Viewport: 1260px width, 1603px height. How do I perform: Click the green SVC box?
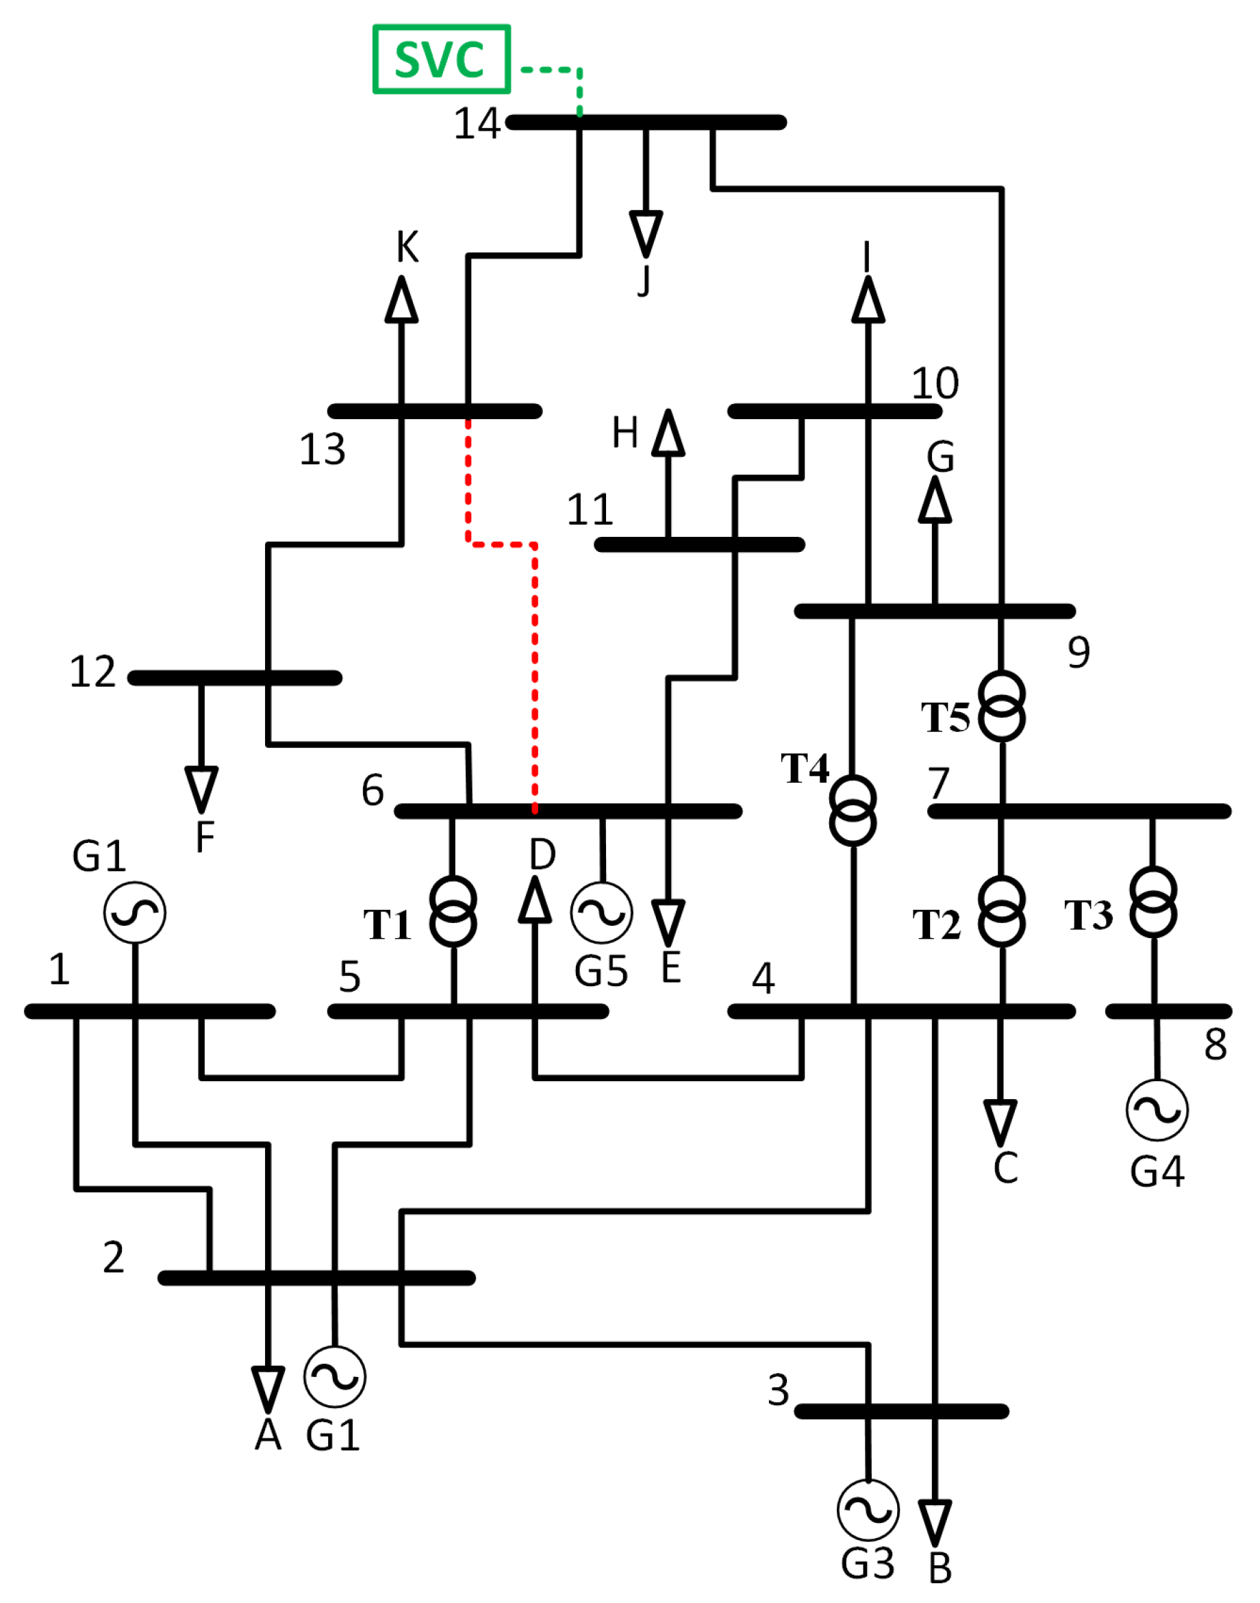[441, 59]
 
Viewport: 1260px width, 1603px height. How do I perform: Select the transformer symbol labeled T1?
[452, 911]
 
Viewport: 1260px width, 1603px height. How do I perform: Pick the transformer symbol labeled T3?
[1153, 903]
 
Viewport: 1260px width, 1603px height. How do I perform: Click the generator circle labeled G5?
[601, 913]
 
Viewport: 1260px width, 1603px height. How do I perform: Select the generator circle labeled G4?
[1157, 1109]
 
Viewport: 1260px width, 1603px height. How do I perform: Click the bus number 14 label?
[477, 123]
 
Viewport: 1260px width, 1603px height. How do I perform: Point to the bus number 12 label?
[92, 671]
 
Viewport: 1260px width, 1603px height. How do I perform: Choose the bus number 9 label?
[1079, 652]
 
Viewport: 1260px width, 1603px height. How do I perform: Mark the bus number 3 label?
[779, 1390]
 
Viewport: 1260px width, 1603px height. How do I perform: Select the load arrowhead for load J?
[646, 232]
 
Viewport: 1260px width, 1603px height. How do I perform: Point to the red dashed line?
[535, 664]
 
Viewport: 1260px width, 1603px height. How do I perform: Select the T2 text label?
[936, 924]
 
